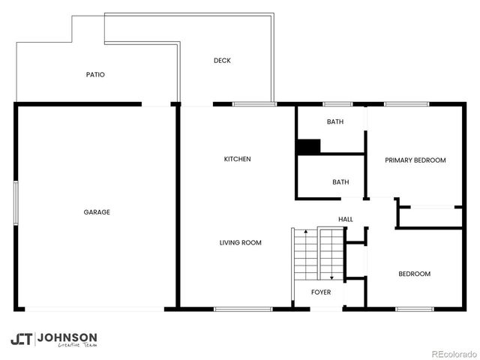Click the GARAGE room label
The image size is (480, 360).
[97, 212]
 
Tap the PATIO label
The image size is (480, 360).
[95, 75]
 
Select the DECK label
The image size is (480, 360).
[221, 61]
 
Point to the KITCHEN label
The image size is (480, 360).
[237, 159]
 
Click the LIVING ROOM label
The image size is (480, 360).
[240, 242]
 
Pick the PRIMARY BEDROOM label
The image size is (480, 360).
[415, 160]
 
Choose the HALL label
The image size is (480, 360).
[346, 219]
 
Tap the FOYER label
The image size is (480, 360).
[321, 292]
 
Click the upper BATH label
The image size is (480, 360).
[334, 121]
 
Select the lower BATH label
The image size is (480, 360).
[340, 181]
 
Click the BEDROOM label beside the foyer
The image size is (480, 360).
[414, 274]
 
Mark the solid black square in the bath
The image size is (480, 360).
[308, 147]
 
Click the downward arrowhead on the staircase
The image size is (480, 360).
[331, 277]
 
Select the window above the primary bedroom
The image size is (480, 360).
[406, 104]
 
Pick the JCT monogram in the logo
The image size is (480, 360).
[21, 339]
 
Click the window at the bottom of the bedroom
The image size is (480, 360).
[414, 309]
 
